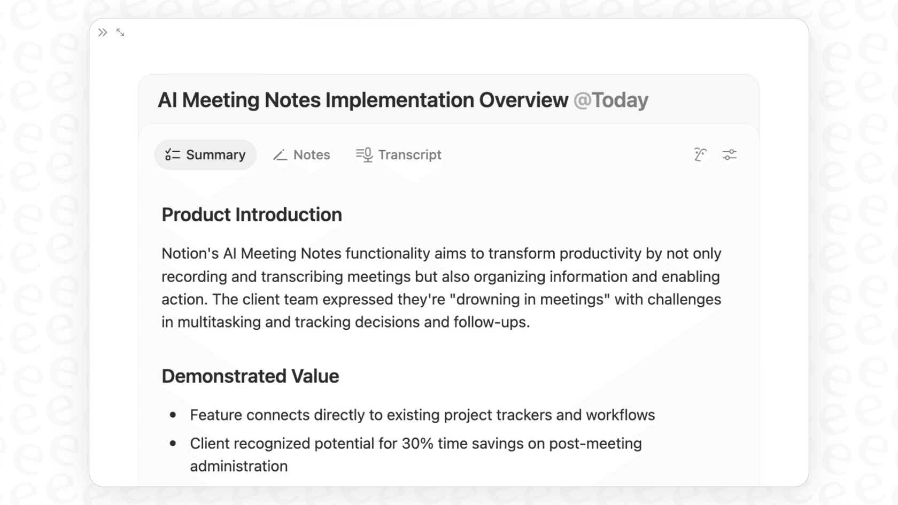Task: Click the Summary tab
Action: (x=206, y=155)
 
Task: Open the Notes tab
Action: (x=302, y=155)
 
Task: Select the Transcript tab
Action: (x=399, y=155)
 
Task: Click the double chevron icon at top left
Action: (x=103, y=33)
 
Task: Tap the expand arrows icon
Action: (x=120, y=33)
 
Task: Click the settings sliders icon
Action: (x=729, y=155)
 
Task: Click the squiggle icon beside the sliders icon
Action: (x=700, y=155)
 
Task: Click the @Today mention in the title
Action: (x=610, y=100)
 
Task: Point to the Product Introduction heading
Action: (x=252, y=215)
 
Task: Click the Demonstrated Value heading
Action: (x=250, y=376)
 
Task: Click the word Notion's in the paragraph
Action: (x=190, y=253)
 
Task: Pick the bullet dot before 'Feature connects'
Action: (x=173, y=415)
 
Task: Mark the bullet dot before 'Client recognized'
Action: (x=173, y=443)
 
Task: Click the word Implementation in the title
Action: (x=399, y=100)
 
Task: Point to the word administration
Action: (x=239, y=467)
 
